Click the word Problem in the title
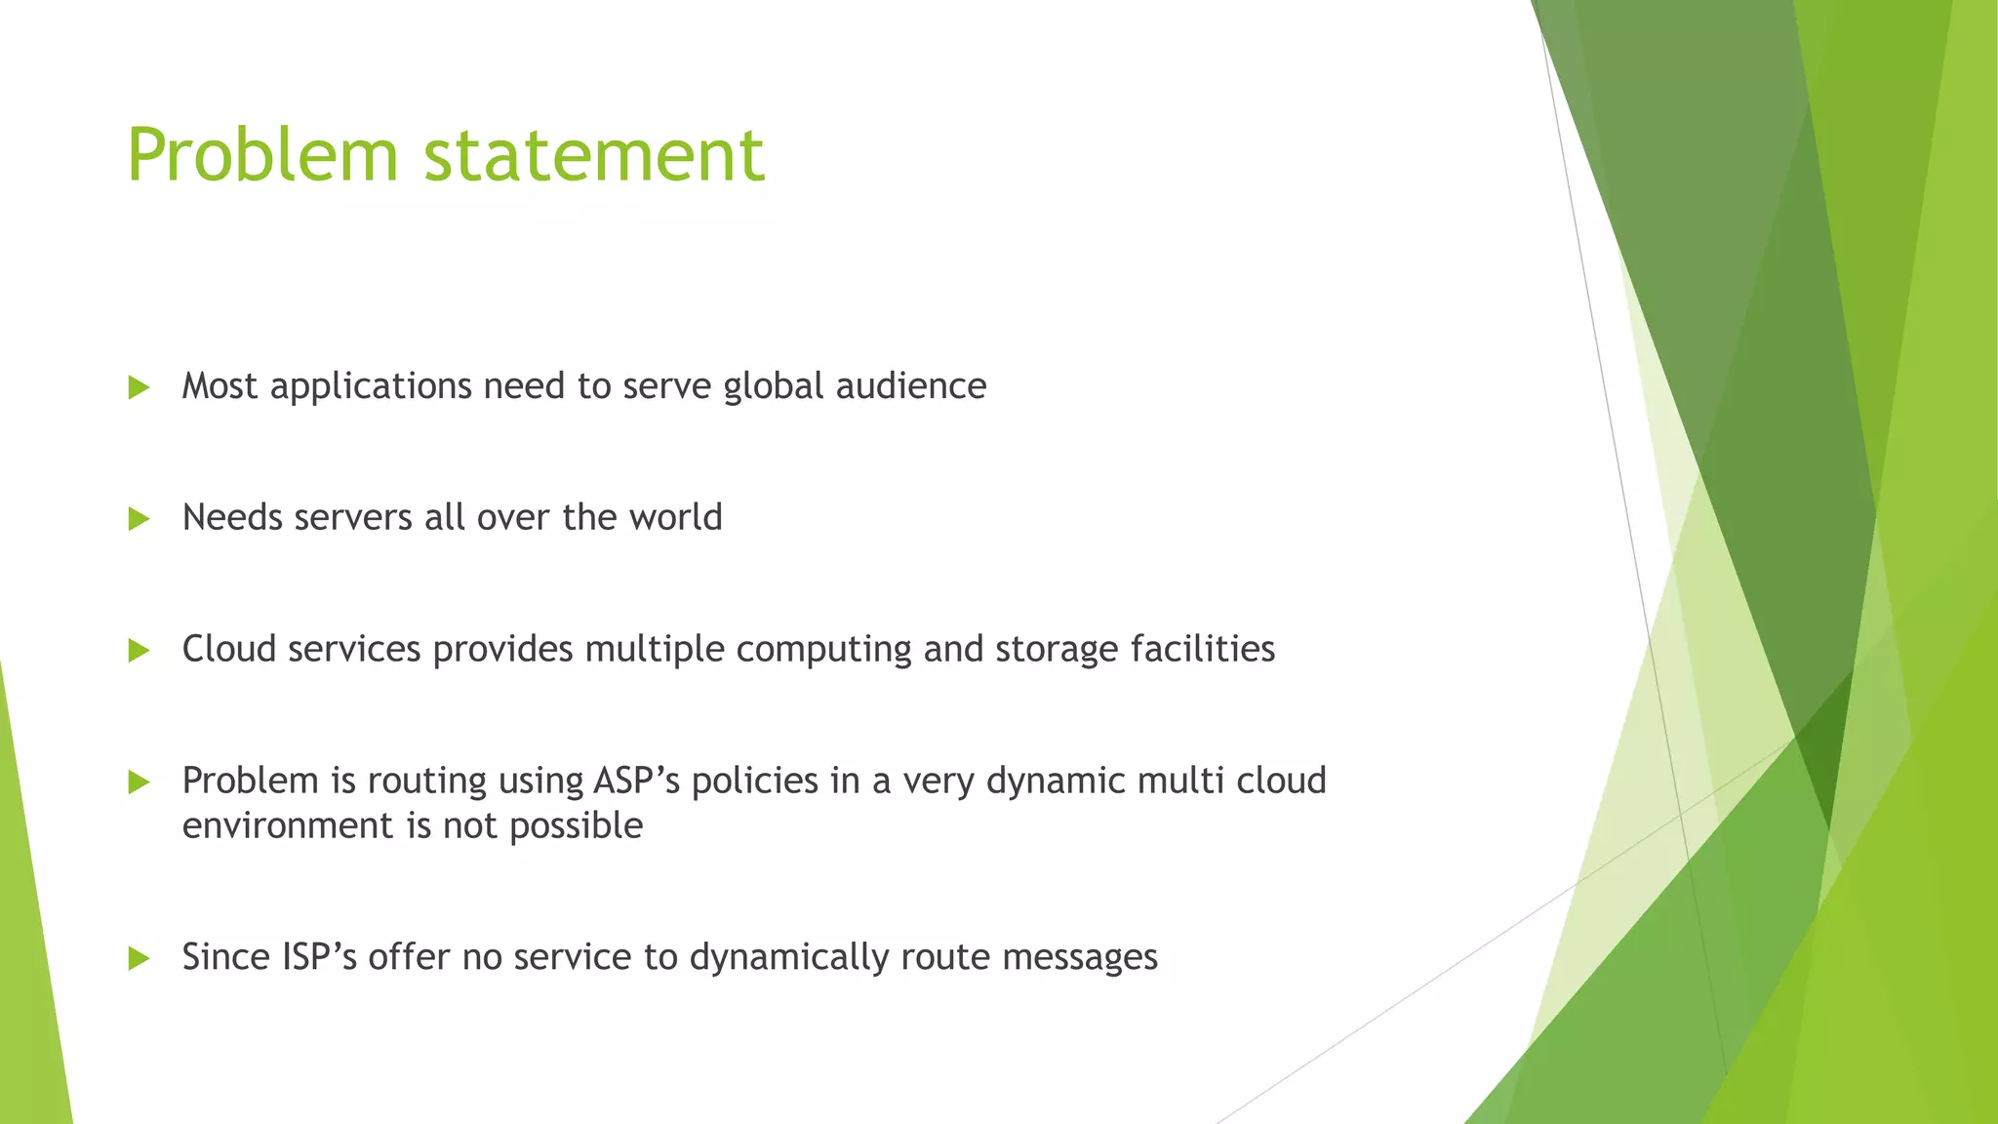point(262,155)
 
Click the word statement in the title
point(594,155)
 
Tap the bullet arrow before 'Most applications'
point(139,387)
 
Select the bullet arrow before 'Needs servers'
point(139,519)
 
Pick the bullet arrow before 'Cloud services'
point(139,651)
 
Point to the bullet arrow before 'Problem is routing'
point(139,782)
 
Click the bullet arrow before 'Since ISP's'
point(139,958)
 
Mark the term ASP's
point(637,781)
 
